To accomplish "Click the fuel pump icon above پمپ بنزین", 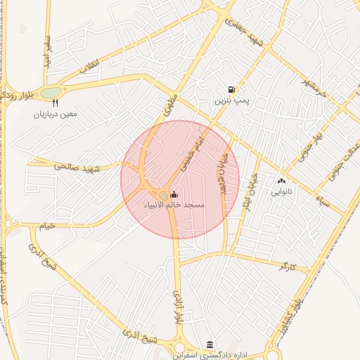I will (231, 89).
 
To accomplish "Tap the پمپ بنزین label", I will (231, 102).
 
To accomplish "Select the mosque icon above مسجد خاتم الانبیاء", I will (174, 195).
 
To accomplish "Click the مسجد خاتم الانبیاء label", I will (174, 205).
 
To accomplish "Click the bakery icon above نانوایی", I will (286, 181).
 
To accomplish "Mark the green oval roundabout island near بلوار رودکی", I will (51, 93).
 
